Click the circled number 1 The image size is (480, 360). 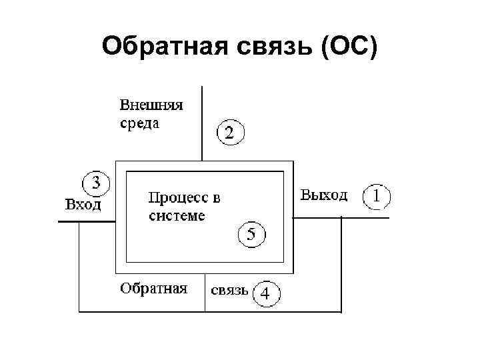point(377,197)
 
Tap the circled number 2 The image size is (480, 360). point(230,133)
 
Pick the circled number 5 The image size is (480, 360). point(251,234)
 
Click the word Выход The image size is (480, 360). point(324,195)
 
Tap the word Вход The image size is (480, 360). point(83,205)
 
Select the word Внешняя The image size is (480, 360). point(151,105)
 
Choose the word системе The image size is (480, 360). point(177,216)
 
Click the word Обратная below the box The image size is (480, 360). point(153,289)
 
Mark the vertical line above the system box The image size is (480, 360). point(202,123)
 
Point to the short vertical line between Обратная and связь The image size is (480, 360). point(205,293)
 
